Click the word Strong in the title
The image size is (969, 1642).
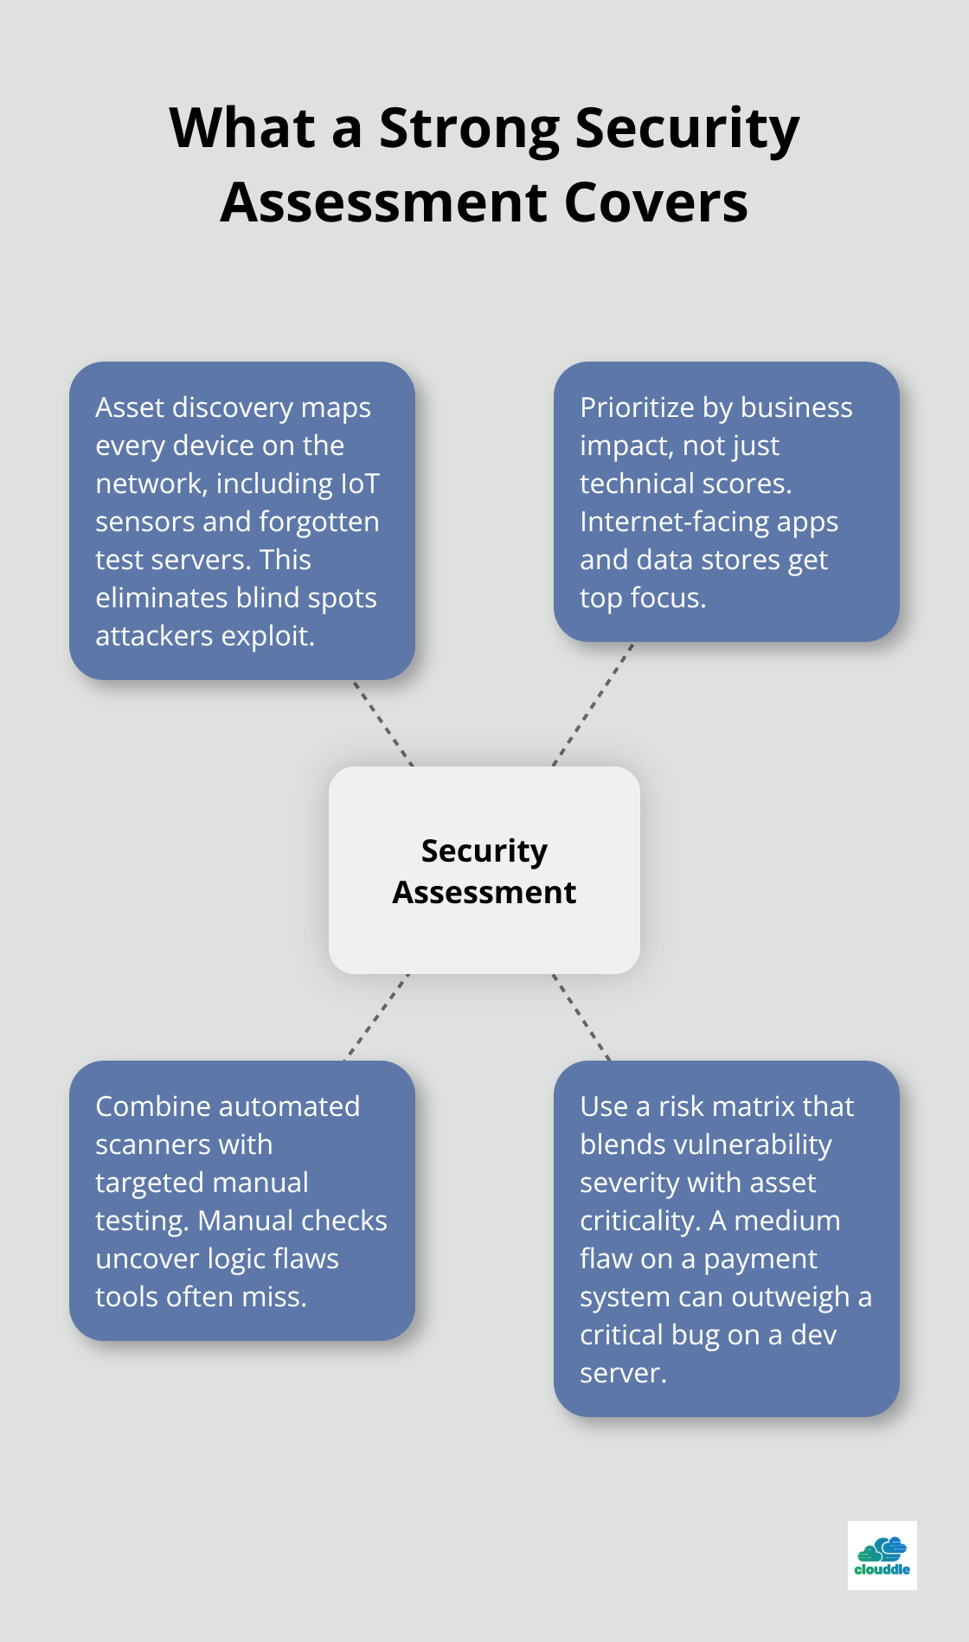coord(470,129)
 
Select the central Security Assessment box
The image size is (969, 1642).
coord(484,870)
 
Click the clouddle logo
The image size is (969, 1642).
coord(882,1555)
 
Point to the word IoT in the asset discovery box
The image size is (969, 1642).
coord(359,484)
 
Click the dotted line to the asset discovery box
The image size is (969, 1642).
coord(383,723)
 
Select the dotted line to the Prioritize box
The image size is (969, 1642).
coord(594,704)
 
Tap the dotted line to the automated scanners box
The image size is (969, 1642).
coord(377,1017)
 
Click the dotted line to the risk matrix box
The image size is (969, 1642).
coord(581,1017)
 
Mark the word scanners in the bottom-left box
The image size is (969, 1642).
coord(141,1145)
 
